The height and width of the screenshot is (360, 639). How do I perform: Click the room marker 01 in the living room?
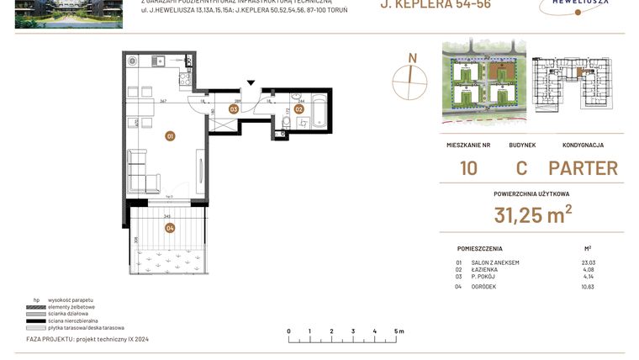coord(170,135)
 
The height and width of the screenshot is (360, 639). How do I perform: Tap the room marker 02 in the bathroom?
coord(298,109)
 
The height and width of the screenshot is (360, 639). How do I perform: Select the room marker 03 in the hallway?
coord(235,109)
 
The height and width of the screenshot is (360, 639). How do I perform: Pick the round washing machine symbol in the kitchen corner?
coord(132,60)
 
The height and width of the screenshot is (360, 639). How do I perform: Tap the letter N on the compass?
coord(412,58)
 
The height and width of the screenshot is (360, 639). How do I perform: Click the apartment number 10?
coord(468,167)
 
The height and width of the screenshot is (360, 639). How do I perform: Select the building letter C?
coord(521,167)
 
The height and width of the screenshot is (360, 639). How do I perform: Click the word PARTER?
coord(583,167)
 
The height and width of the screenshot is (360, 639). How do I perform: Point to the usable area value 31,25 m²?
coord(532,214)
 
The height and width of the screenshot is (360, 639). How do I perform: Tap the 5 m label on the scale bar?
coord(399,331)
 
